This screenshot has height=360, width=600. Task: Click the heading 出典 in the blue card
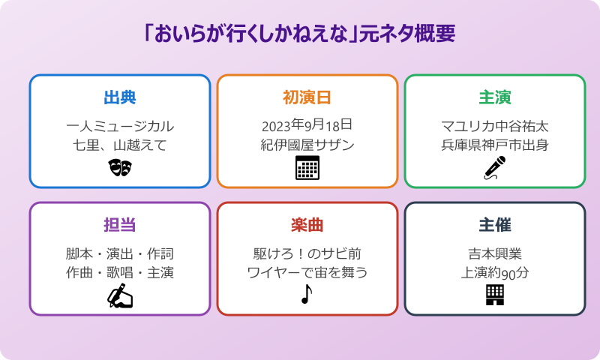point(120,97)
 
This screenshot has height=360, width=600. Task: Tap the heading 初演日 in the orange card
point(307,97)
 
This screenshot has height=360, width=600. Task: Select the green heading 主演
point(495,97)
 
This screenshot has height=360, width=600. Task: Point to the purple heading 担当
point(120,225)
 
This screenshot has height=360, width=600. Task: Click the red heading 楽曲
point(307,225)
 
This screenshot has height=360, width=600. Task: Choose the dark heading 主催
point(495,225)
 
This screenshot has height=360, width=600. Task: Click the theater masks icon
point(120,167)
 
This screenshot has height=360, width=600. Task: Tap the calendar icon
point(307,168)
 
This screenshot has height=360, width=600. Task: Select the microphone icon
point(494,168)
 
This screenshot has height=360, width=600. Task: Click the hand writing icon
point(120,296)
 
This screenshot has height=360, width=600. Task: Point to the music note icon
point(306,295)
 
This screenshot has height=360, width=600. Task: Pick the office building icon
point(495,295)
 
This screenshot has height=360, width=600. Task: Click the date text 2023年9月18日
point(307,124)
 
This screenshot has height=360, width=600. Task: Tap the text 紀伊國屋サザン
point(307,145)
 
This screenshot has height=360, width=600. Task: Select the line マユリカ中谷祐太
point(495,125)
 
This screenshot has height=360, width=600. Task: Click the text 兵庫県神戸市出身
point(495,145)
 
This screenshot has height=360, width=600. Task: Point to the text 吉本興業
point(495,253)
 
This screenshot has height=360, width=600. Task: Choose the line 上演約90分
point(495,273)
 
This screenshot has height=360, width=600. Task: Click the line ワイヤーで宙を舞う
point(307,272)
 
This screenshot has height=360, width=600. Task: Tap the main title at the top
point(300,34)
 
